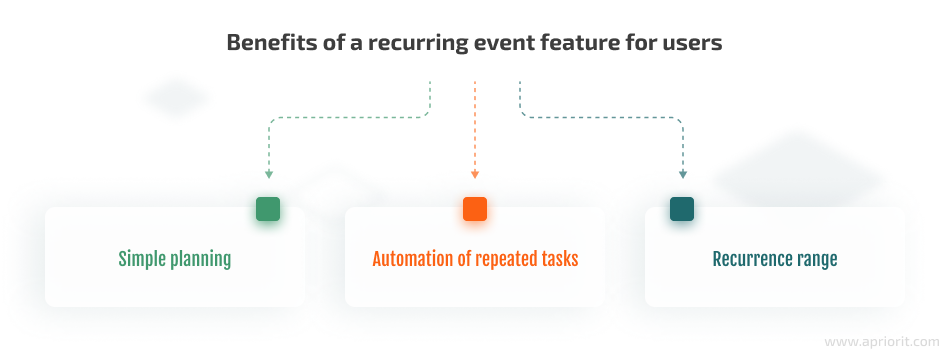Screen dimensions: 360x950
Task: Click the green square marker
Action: pos(268,209)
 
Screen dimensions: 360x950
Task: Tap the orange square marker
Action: pos(475,209)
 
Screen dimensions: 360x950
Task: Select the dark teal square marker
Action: pos(682,209)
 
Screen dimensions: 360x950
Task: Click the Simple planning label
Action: pos(175,259)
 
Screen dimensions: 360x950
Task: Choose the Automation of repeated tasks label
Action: pos(475,259)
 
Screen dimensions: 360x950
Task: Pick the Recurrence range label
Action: pos(775,259)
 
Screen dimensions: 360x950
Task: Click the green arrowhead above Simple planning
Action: pos(268,174)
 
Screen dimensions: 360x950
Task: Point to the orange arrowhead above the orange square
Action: pos(475,174)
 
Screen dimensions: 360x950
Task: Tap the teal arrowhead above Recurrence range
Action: pos(682,174)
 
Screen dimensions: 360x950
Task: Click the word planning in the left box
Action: pos(200,260)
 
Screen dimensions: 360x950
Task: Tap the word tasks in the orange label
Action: pos(559,259)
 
